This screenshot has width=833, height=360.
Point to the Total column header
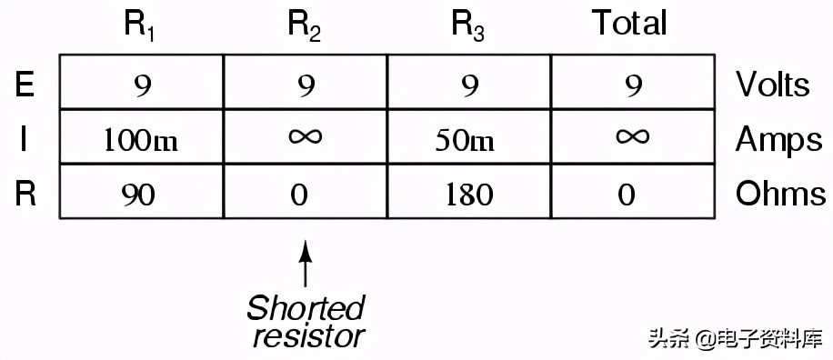tap(629, 24)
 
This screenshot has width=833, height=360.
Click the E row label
tap(25, 84)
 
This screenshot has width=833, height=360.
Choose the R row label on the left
tap(25, 194)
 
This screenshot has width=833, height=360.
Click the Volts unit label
tap(772, 85)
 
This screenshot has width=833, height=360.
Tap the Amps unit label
tap(778, 141)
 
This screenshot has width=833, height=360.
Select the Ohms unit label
tap(780, 194)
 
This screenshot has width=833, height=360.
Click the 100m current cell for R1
tap(140, 141)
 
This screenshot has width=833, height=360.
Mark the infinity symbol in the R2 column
tap(305, 137)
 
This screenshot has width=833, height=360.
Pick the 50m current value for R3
tap(466, 141)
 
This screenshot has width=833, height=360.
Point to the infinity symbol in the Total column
tap(632, 137)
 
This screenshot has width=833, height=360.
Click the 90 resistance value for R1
tap(138, 195)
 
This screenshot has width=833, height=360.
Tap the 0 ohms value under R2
tap(299, 195)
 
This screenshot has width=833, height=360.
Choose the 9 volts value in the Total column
tap(633, 85)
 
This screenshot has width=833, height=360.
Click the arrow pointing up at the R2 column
tap(305, 264)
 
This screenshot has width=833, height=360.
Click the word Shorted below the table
tap(306, 309)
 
